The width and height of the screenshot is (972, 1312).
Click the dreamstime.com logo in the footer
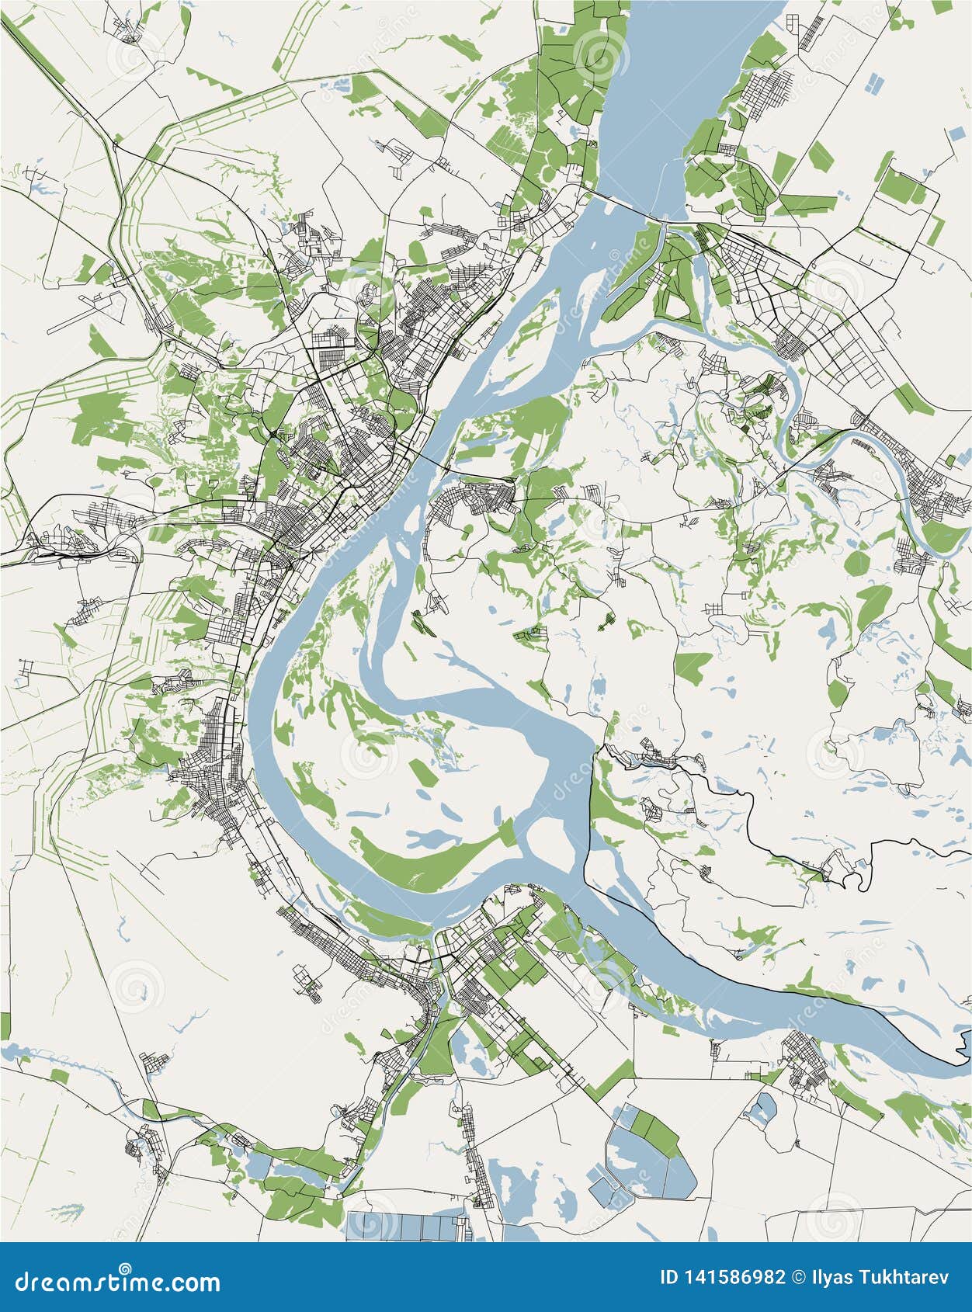click(118, 1281)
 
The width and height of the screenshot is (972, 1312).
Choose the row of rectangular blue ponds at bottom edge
click(408, 1227)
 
